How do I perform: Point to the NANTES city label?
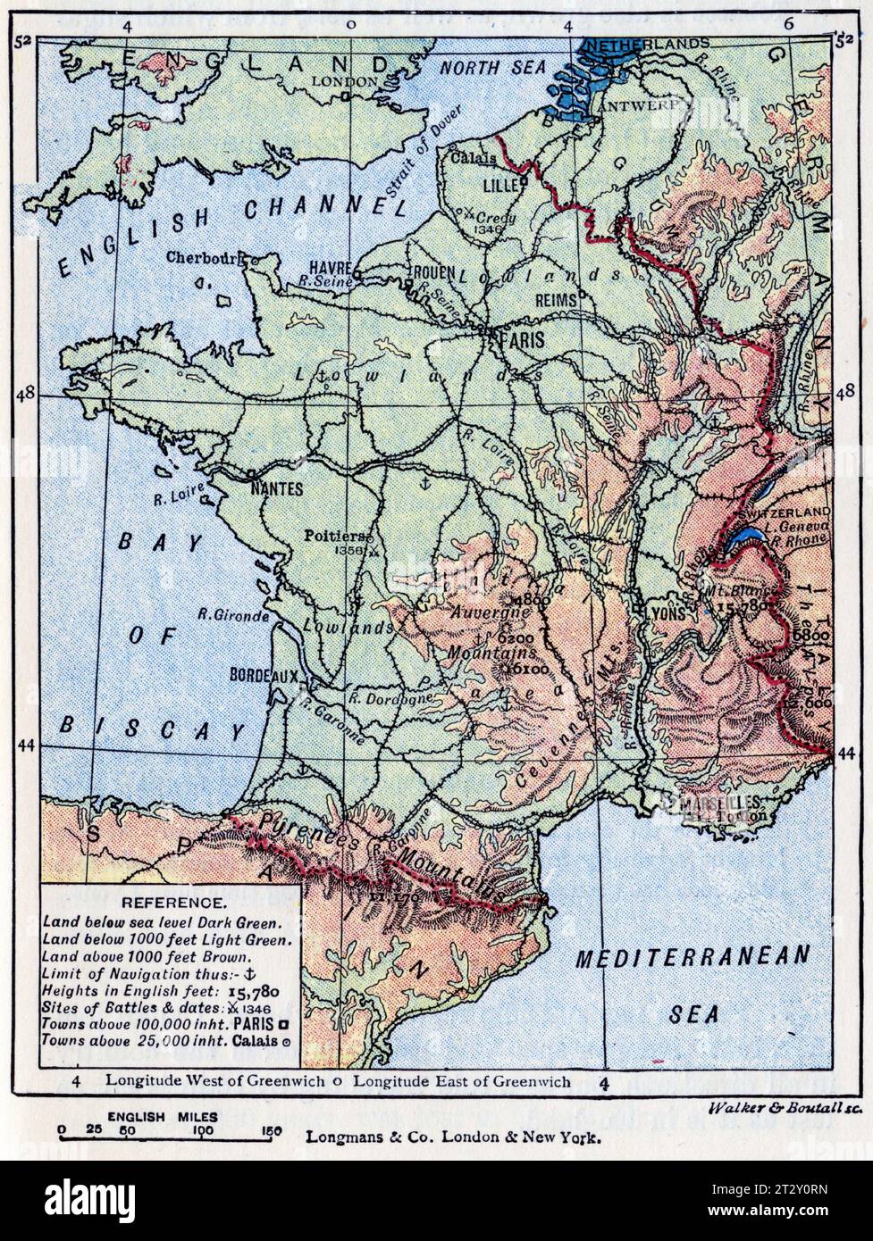click(278, 488)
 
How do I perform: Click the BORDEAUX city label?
click(264, 676)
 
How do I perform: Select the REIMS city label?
click(556, 302)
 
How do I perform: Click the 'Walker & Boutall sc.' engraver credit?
click(784, 1107)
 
